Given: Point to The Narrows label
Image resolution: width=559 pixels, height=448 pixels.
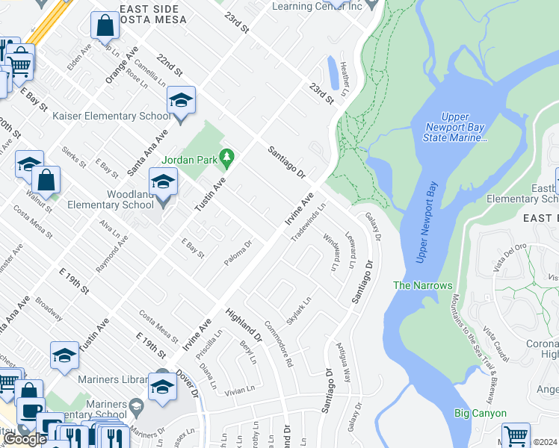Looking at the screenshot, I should tap(423, 285).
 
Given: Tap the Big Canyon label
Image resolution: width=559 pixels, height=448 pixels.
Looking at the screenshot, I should tap(480, 413).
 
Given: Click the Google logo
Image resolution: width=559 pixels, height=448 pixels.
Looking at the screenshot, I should tap(25, 439).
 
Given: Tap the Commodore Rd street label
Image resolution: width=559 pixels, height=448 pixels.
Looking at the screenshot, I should tap(279, 343).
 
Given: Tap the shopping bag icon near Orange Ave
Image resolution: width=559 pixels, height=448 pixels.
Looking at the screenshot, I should tap(105, 27).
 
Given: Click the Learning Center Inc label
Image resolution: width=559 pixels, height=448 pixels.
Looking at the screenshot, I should tap(317, 6).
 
